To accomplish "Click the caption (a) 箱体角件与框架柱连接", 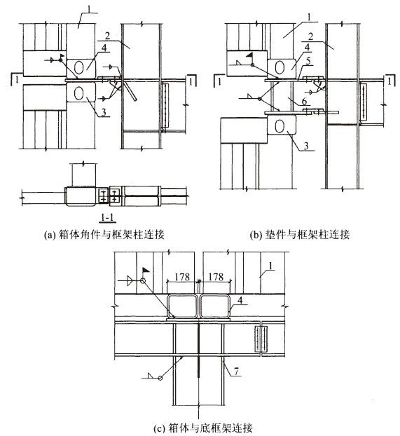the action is pos(104,235).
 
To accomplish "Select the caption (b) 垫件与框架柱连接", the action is pos(300,235).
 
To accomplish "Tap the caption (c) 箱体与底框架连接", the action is pos(203,428).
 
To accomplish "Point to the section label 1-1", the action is pos(108,217).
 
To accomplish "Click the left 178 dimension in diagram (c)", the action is pos(182,277).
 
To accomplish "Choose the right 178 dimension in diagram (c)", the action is pos(216,277).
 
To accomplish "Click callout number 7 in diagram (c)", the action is pos(236,372).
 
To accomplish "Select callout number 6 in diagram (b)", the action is pos(305,102).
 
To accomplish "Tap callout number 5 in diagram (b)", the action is pos(308,61).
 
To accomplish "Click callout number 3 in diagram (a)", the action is pos(104,112).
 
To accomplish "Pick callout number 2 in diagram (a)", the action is pos(108,36).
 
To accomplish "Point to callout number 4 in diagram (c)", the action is pos(240,300).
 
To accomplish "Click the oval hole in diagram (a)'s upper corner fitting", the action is pos(79,67).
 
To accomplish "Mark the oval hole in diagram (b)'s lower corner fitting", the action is pos(280,126).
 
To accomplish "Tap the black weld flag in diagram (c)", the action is pos(146,270).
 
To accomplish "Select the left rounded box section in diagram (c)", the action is pos(182,307).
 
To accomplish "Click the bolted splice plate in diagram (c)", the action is pos(261,339).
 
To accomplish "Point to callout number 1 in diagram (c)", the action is pos(270,266).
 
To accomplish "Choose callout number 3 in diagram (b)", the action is pos(306,145).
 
